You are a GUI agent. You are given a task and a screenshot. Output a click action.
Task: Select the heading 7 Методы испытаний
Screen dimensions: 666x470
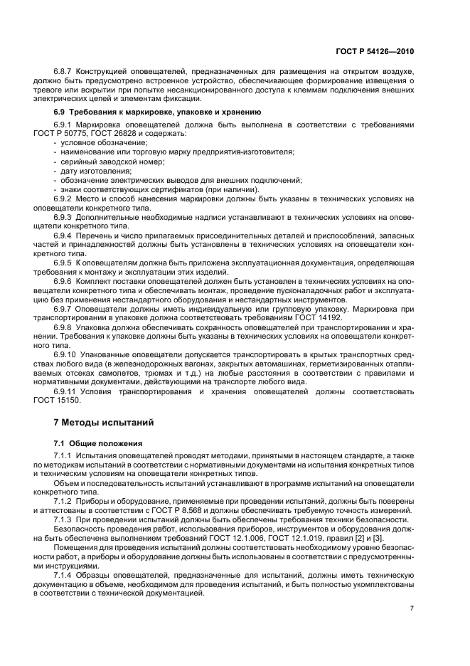point(105,422)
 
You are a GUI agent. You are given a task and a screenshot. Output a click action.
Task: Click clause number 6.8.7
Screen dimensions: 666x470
point(65,72)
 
